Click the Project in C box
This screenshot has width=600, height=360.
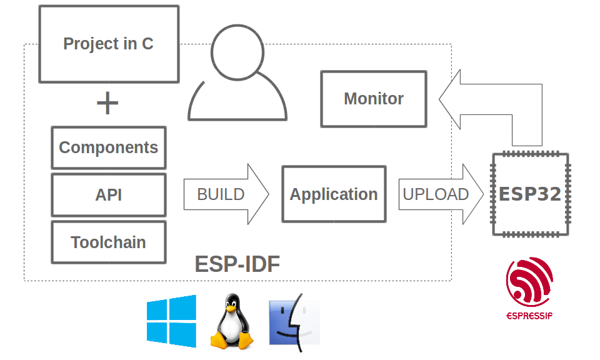[109, 44]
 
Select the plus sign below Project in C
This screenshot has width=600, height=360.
[107, 104]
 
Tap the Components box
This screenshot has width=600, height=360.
[109, 147]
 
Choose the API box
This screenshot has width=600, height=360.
[109, 195]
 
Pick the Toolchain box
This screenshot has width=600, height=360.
[109, 242]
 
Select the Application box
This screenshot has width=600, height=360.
[334, 194]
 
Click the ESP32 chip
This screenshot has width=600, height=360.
[530, 194]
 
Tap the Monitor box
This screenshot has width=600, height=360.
[374, 99]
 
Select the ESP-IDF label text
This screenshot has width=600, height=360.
[237, 264]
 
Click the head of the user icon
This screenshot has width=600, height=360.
[237, 52]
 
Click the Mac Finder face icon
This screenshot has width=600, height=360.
[294, 322]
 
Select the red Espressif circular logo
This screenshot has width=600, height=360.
[529, 282]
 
